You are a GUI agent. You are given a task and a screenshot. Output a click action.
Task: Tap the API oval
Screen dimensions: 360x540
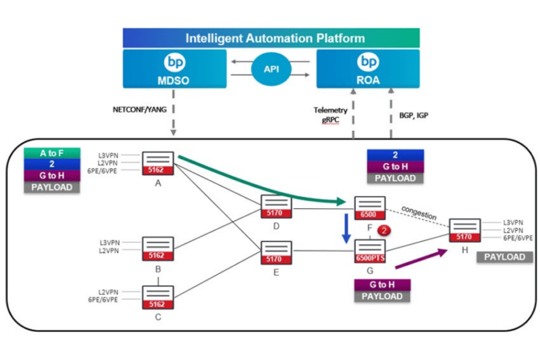(271, 70)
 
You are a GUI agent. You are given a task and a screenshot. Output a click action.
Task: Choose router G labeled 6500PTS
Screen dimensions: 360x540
(369, 251)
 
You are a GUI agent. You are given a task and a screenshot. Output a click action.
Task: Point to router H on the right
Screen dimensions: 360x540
(465, 231)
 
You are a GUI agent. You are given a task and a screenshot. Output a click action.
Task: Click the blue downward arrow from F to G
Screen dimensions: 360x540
(346, 227)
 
